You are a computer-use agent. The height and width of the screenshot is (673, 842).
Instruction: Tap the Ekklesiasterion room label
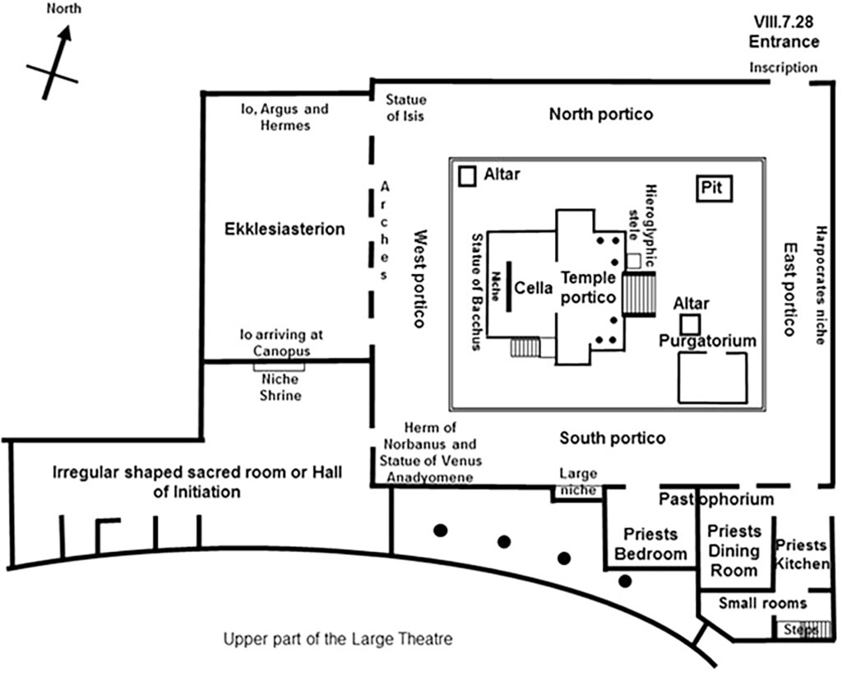(285, 229)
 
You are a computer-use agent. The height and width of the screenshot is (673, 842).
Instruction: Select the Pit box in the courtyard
(714, 186)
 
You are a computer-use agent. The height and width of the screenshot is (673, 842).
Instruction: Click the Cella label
(532, 288)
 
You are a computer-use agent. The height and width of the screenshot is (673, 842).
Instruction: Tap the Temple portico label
(588, 287)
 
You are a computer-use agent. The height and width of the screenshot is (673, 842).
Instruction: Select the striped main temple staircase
(638, 295)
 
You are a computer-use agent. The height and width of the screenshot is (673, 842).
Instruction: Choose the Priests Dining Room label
(734, 550)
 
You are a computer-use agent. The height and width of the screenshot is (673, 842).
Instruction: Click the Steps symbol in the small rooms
(802, 630)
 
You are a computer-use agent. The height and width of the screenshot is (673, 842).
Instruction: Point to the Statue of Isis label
(405, 108)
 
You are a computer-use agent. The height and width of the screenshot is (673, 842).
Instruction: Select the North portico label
(601, 114)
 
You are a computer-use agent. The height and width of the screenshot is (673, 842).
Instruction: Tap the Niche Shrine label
(281, 388)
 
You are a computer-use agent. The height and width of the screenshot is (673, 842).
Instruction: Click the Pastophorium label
(716, 499)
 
